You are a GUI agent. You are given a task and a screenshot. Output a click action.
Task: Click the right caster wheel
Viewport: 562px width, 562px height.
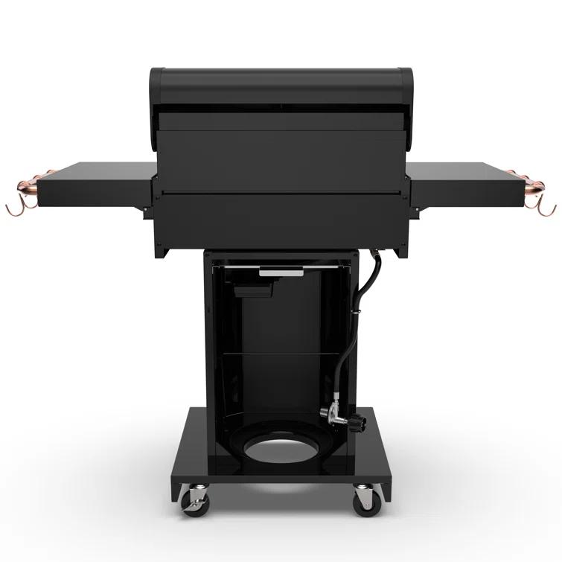363,499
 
